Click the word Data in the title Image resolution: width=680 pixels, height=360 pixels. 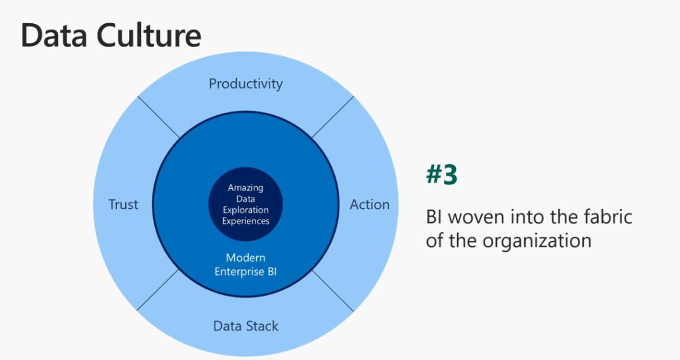(54, 35)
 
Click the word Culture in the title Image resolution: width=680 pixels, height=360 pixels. (149, 35)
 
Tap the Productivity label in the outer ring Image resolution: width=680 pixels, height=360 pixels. (246, 84)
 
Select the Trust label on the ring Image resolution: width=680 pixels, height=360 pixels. (123, 205)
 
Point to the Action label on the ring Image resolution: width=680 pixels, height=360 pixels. (370, 205)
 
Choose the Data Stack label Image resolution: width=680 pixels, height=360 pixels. (246, 326)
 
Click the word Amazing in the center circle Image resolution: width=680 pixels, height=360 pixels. (246, 188)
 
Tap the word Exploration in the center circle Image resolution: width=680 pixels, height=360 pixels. (246, 210)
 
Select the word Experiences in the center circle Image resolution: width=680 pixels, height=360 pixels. (246, 221)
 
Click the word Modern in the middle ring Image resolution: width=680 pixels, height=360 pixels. (246, 257)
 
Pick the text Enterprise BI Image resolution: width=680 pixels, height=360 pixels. (246, 271)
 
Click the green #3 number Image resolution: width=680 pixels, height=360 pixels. (441, 174)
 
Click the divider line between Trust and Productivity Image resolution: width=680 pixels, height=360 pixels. (158, 117)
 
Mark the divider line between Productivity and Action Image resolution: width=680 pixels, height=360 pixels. (332, 117)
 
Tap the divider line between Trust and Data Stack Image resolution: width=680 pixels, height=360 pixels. (158, 290)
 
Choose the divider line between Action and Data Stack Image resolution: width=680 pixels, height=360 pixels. (332, 290)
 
